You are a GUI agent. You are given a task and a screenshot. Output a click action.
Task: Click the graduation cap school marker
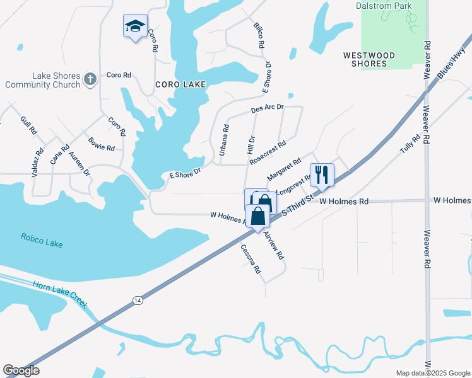tap(134, 26)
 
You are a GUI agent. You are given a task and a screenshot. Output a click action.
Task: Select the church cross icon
tap(90, 79)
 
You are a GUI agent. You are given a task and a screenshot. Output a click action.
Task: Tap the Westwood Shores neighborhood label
tap(369, 60)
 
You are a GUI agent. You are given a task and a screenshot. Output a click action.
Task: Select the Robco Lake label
tap(41, 238)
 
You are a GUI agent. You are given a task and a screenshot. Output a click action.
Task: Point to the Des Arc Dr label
tap(268, 109)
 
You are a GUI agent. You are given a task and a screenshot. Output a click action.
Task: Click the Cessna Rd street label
tap(251, 259)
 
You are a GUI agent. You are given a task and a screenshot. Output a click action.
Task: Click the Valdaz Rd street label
tap(37, 161)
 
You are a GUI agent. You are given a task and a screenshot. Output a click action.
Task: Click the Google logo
tap(21, 370)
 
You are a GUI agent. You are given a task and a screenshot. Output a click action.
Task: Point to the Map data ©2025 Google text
tap(432, 373)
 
